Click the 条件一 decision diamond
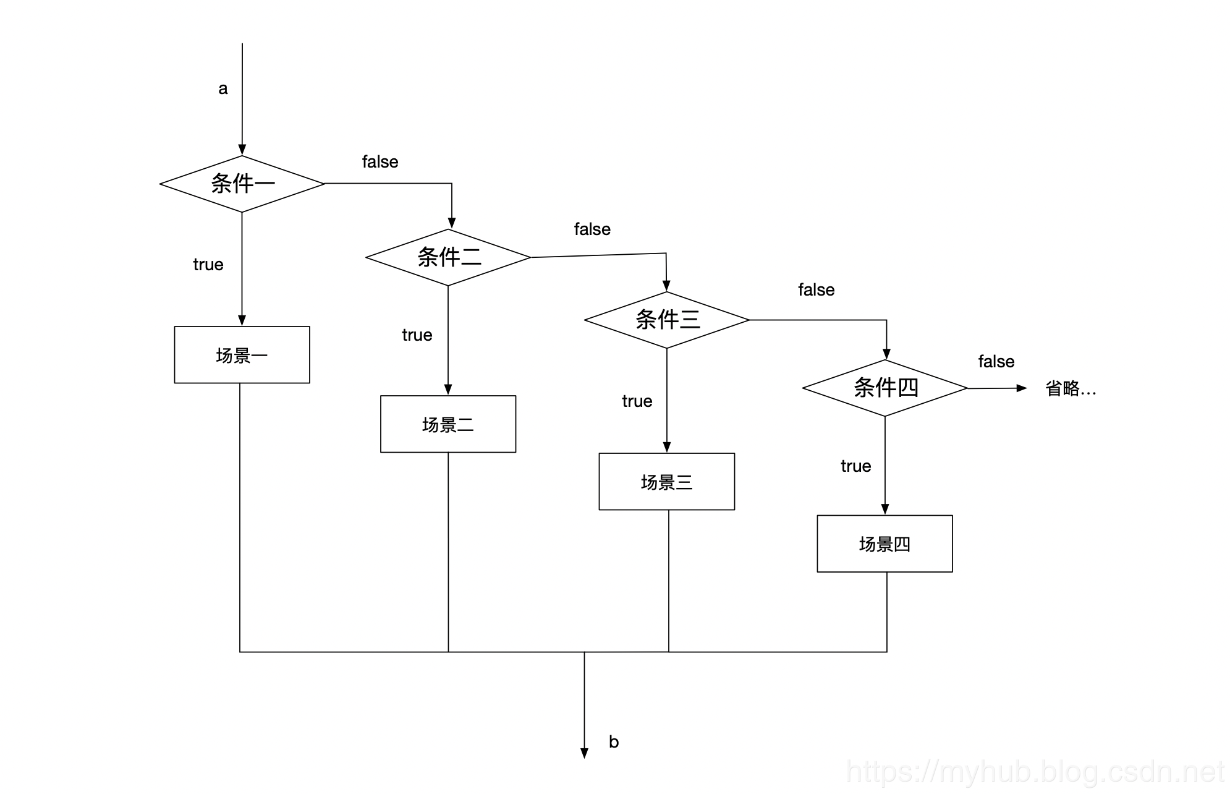(x=242, y=184)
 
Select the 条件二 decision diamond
(x=448, y=257)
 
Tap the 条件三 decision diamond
(x=667, y=320)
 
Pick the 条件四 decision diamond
(x=885, y=388)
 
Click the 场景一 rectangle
(x=242, y=355)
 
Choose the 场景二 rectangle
(x=448, y=424)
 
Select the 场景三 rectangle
(x=667, y=482)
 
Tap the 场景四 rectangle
(x=884, y=544)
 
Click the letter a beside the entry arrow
(x=223, y=89)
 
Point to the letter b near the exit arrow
(x=614, y=741)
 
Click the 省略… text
(x=1071, y=388)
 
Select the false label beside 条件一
(x=380, y=162)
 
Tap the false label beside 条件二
(x=592, y=229)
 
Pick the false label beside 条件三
(x=816, y=290)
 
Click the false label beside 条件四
(x=996, y=362)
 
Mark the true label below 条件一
(x=208, y=265)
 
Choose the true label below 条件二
(x=417, y=335)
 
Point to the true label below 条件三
(x=637, y=401)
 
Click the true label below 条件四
(x=856, y=466)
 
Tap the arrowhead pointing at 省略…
(x=1022, y=388)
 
